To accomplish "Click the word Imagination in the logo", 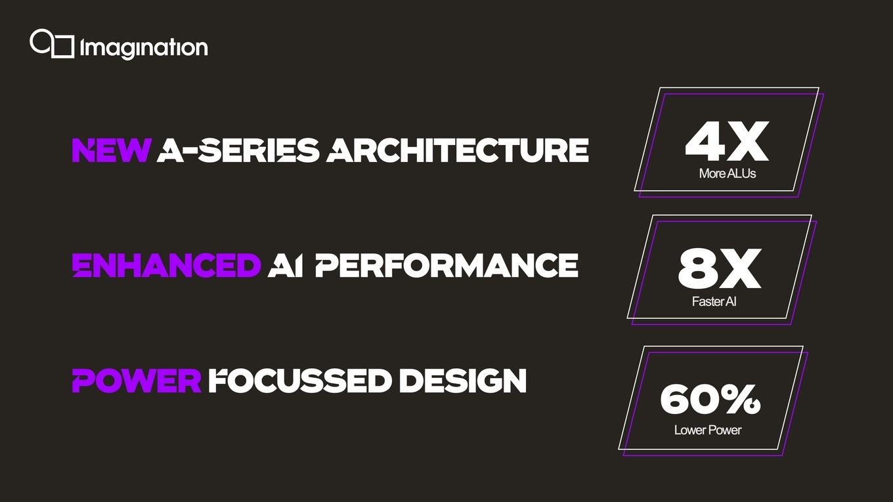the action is click(144, 49).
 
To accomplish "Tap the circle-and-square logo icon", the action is click(53, 43).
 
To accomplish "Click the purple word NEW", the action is click(112, 150).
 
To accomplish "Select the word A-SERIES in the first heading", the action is click(238, 150).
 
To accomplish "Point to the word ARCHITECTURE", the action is click(457, 150).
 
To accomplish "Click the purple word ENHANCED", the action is click(166, 265).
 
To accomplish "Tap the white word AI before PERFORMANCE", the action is click(285, 265).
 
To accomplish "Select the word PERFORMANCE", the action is click(446, 265).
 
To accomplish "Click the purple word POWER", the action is click(137, 381).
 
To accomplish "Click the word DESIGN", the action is click(463, 381).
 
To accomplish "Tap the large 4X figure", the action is click(727, 142).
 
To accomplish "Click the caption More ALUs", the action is click(728, 173).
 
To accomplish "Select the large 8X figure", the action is click(720, 268).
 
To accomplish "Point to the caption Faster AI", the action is click(714, 301).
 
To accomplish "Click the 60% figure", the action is click(710, 399).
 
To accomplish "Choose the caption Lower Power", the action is click(708, 430).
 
